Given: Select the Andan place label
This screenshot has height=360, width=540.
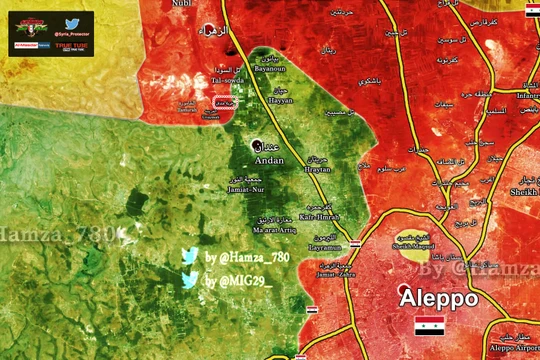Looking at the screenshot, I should point(270,160).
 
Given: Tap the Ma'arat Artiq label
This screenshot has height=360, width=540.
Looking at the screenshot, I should point(275,234).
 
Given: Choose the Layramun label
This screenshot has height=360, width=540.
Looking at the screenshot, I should point(326,245).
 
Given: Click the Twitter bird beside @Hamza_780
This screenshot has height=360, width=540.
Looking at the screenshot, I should point(189,258).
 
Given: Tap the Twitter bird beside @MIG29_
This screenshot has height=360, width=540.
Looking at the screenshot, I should point(189,281).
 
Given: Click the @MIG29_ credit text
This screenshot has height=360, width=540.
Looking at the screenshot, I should point(239,281).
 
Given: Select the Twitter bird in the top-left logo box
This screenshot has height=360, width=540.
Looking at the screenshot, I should point(72,22).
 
